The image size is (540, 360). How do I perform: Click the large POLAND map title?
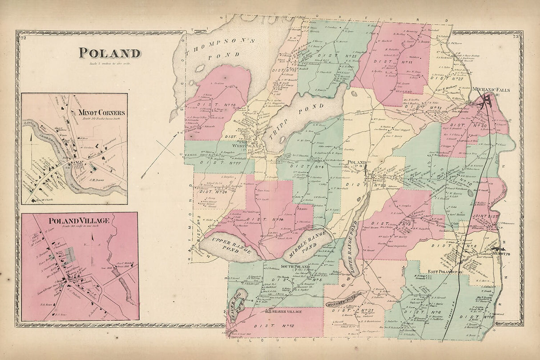click(110, 53)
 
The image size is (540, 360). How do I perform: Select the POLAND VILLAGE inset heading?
click(79, 221)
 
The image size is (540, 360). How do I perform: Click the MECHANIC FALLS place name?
click(491, 90)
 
